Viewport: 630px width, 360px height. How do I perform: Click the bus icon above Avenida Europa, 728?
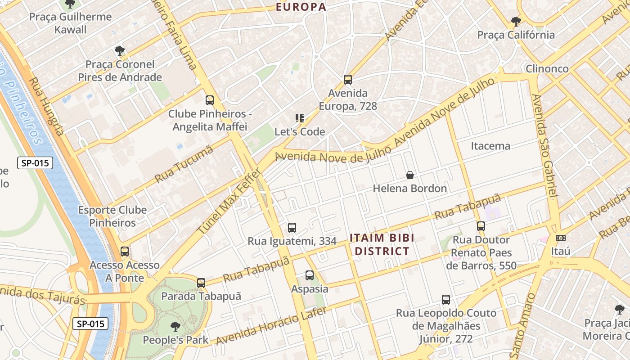click(x=347, y=80)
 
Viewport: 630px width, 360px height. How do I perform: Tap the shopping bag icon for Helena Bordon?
click(x=410, y=175)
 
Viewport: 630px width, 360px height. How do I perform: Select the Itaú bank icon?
click(x=561, y=238)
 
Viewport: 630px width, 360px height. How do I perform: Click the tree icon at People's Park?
click(x=175, y=326)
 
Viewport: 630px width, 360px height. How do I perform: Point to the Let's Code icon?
click(x=300, y=118)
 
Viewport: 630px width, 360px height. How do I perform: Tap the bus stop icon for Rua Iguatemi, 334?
click(x=292, y=228)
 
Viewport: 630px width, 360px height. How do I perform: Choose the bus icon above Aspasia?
click(x=310, y=275)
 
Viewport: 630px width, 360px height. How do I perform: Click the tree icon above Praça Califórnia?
click(x=516, y=21)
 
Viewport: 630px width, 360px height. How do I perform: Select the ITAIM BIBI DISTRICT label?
click(x=382, y=244)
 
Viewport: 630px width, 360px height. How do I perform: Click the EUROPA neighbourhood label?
click(x=301, y=7)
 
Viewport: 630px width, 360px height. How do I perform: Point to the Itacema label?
click(x=490, y=146)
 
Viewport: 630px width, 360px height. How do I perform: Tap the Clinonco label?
click(x=547, y=69)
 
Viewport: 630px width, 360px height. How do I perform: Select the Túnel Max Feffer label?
click(x=229, y=201)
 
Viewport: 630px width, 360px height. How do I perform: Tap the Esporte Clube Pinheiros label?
click(x=112, y=216)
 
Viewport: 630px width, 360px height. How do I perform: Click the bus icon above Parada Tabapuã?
click(x=201, y=283)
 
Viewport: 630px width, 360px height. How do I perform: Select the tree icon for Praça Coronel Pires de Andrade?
click(x=119, y=50)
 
